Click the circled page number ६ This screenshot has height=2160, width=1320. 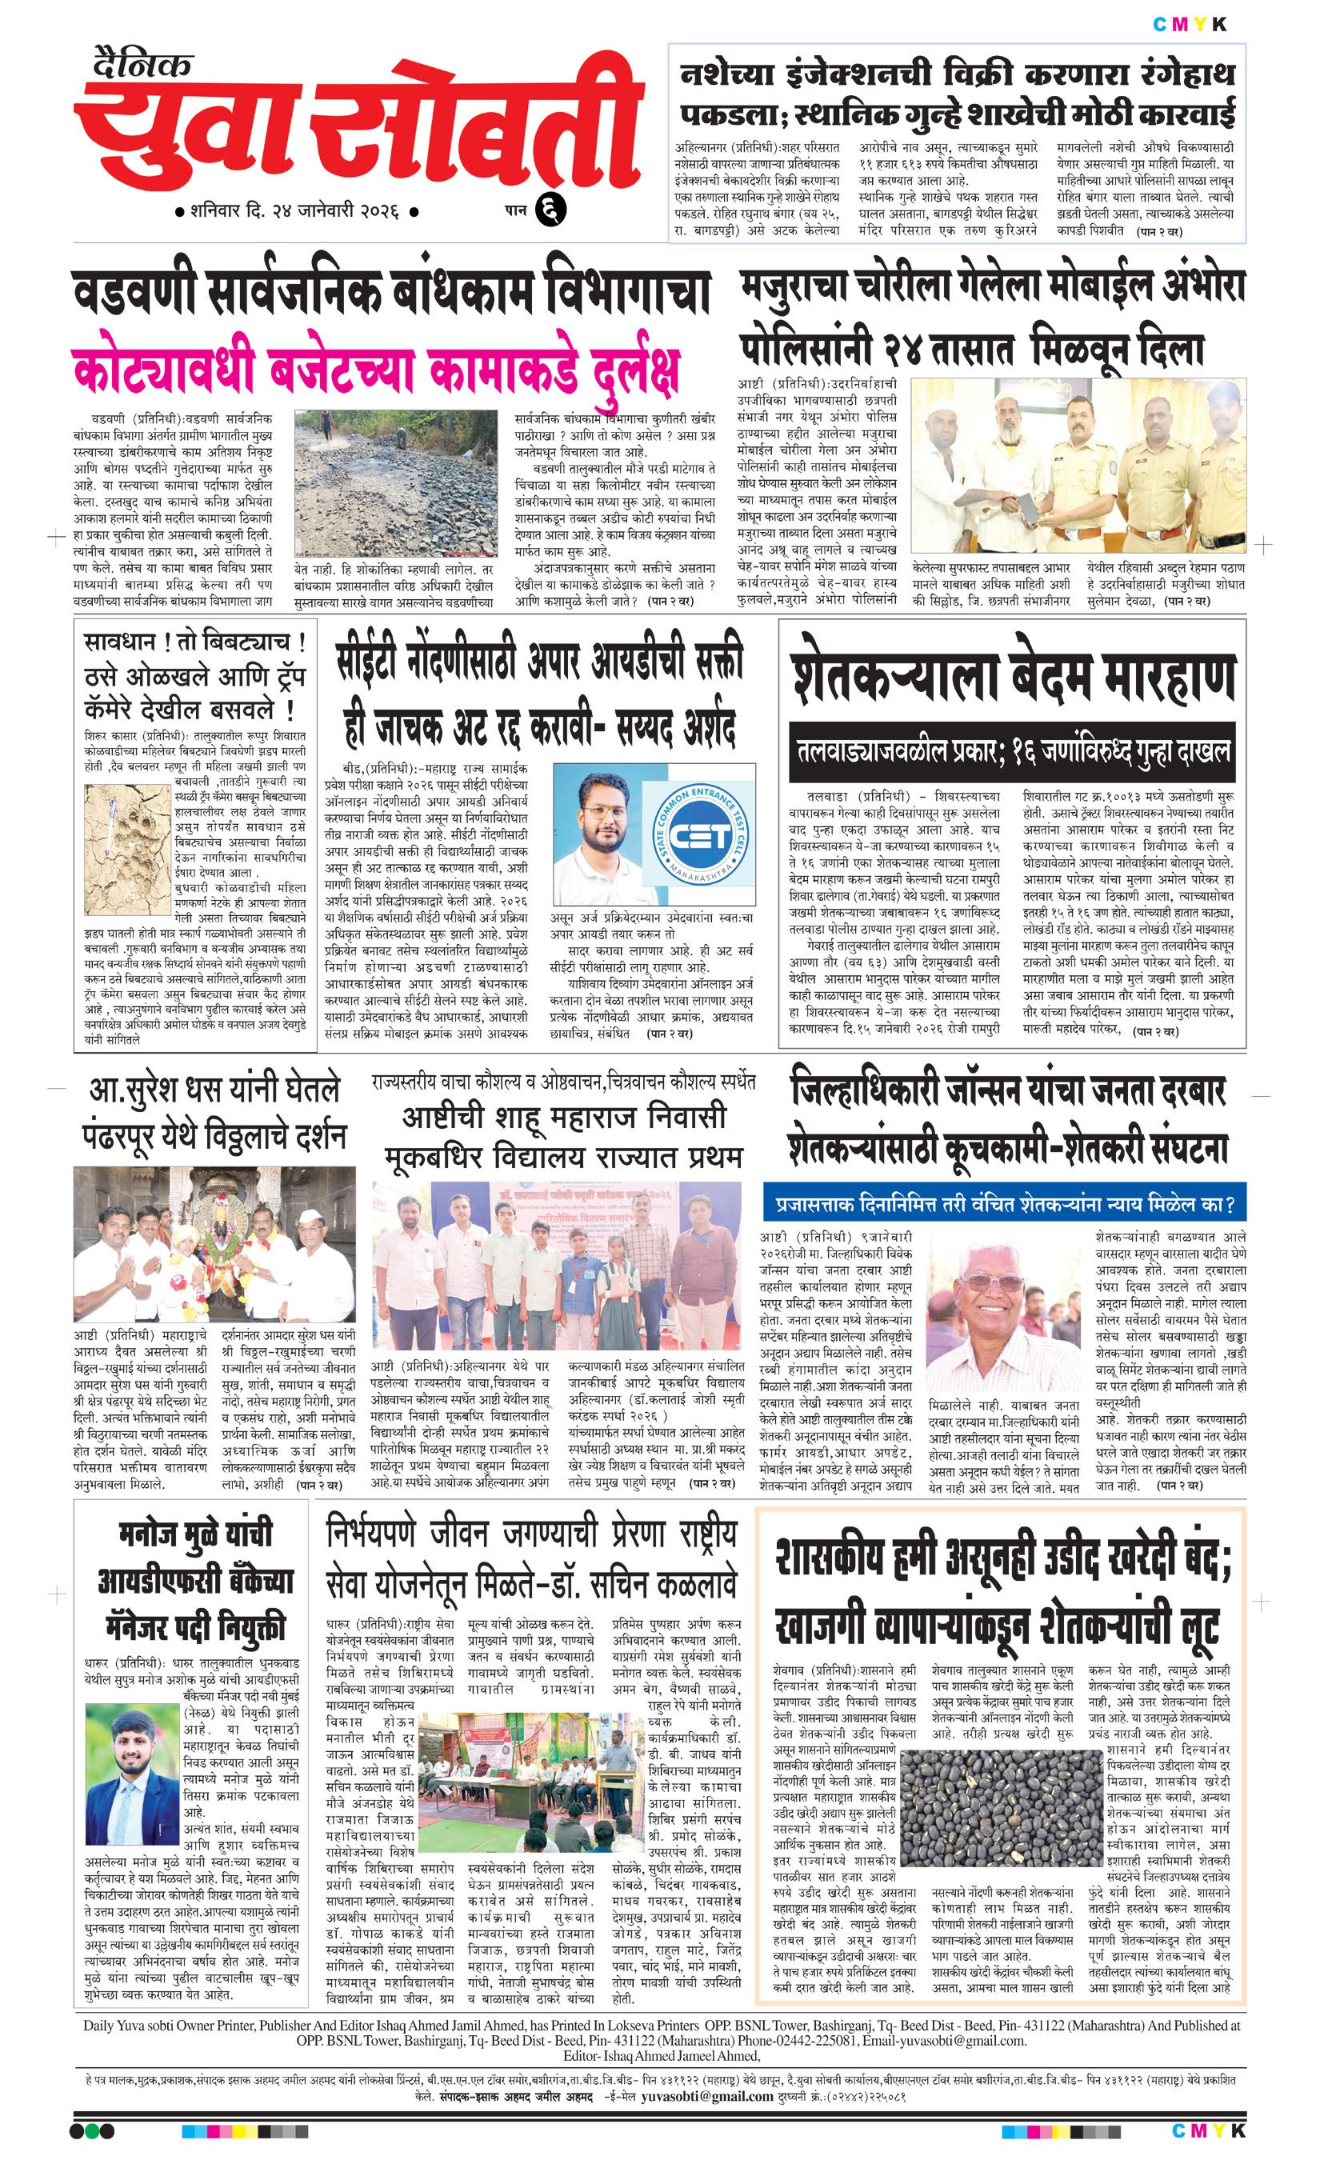[556, 210]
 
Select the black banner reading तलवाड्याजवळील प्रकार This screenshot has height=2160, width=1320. [1011, 751]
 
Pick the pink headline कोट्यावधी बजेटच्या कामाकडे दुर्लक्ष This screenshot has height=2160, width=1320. [377, 372]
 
